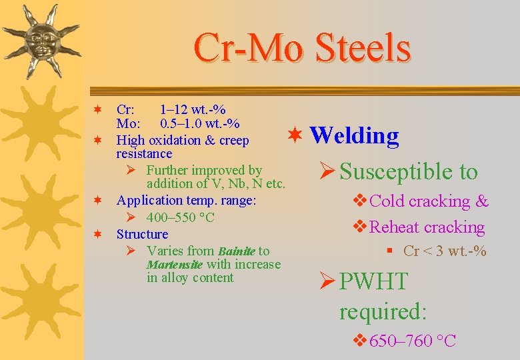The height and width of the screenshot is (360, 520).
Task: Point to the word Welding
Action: click(x=354, y=135)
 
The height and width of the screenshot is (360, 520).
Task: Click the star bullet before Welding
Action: click(x=295, y=135)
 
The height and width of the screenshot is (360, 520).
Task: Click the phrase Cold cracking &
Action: click(x=428, y=201)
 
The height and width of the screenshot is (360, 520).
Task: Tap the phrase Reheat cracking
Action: click(x=427, y=227)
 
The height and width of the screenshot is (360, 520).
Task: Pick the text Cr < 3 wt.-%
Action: click(x=445, y=251)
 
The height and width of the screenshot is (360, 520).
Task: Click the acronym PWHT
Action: click(x=373, y=281)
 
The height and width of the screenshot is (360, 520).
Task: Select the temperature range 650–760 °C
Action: click(x=412, y=341)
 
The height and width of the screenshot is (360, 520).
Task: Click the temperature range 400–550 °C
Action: click(x=180, y=217)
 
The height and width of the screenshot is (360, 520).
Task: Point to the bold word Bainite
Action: click(x=236, y=251)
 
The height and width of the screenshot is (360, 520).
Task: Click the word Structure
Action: click(x=142, y=234)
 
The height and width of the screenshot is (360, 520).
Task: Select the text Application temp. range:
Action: click(x=186, y=200)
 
